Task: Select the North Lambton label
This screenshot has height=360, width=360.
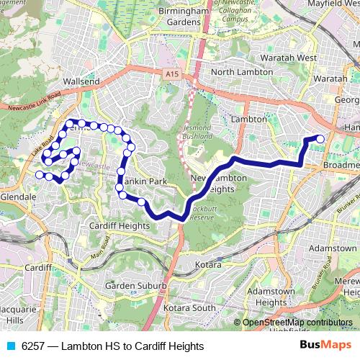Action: pos(242,72)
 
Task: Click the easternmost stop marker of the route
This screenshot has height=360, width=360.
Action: pos(320,139)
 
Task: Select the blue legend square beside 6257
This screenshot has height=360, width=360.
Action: pos(11,346)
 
